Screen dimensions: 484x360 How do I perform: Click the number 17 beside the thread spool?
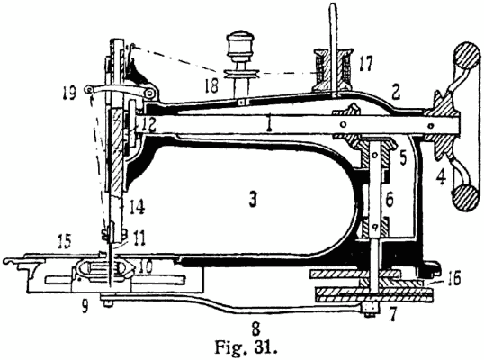(365, 63)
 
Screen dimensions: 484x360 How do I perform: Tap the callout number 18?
(211, 85)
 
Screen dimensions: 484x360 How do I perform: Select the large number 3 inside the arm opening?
(253, 200)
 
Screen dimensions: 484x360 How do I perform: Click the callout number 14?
(137, 207)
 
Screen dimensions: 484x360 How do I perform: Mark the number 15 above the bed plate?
(63, 241)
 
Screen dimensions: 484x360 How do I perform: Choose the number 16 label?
(453, 277)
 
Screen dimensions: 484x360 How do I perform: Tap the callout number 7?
(391, 314)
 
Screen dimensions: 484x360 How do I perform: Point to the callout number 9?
(85, 307)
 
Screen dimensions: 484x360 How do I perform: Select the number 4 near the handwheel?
(441, 178)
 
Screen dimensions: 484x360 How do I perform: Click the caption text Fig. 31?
(246, 347)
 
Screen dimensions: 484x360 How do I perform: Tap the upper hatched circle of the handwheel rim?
(467, 54)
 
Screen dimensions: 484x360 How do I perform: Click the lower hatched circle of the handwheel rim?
(467, 198)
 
